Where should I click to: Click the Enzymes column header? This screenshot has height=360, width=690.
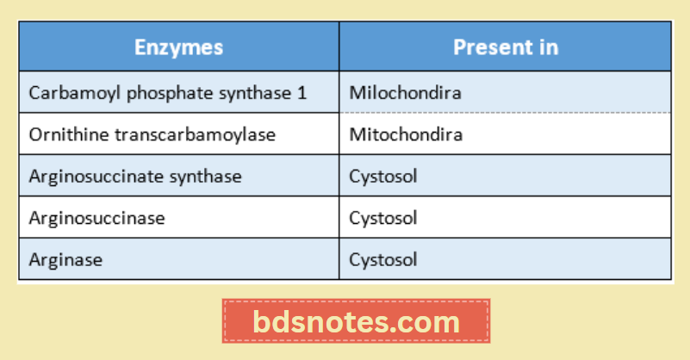tap(178, 47)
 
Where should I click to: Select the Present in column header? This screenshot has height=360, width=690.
tap(505, 47)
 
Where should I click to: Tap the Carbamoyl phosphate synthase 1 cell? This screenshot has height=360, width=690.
tap(167, 92)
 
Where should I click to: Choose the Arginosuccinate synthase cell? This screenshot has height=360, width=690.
tap(135, 177)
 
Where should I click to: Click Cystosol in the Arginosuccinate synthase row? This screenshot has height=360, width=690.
tap(383, 177)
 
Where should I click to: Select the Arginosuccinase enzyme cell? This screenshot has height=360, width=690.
tap(96, 218)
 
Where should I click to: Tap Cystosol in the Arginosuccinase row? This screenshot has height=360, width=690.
tap(383, 218)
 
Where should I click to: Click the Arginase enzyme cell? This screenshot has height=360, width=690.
tap(65, 259)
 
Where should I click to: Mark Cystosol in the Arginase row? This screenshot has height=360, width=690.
tap(383, 259)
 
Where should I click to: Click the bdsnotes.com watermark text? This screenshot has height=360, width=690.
tap(357, 323)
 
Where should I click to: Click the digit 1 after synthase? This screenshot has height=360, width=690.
tap(301, 92)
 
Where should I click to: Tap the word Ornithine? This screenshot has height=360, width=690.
tap(61, 134)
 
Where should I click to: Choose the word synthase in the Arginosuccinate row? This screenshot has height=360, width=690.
tap(205, 177)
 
